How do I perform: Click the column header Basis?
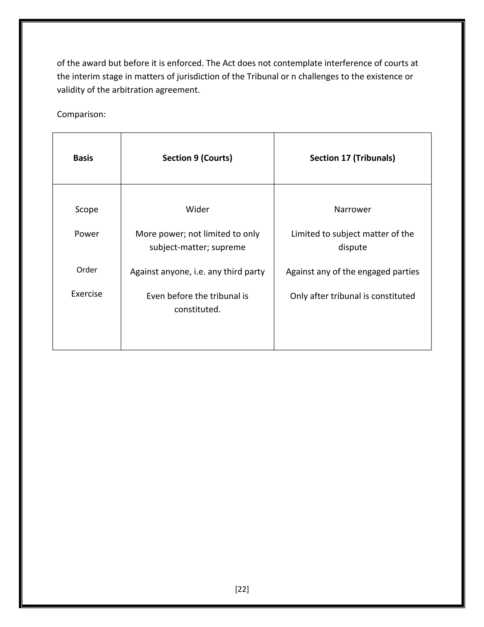(x=83, y=158)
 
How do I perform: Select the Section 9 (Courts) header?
(x=197, y=158)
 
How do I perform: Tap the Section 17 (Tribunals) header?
(x=352, y=158)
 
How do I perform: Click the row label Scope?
(x=86, y=209)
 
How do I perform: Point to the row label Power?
(x=86, y=234)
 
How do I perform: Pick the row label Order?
(x=86, y=270)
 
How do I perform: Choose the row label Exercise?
(x=86, y=294)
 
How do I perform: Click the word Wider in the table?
(x=197, y=209)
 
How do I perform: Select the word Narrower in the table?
(x=352, y=209)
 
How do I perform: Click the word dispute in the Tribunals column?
(x=352, y=247)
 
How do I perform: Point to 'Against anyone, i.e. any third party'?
(x=197, y=272)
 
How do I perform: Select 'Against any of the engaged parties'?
(x=352, y=272)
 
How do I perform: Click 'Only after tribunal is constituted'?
(x=352, y=296)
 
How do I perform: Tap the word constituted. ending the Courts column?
(x=197, y=309)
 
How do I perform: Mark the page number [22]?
(x=242, y=589)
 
